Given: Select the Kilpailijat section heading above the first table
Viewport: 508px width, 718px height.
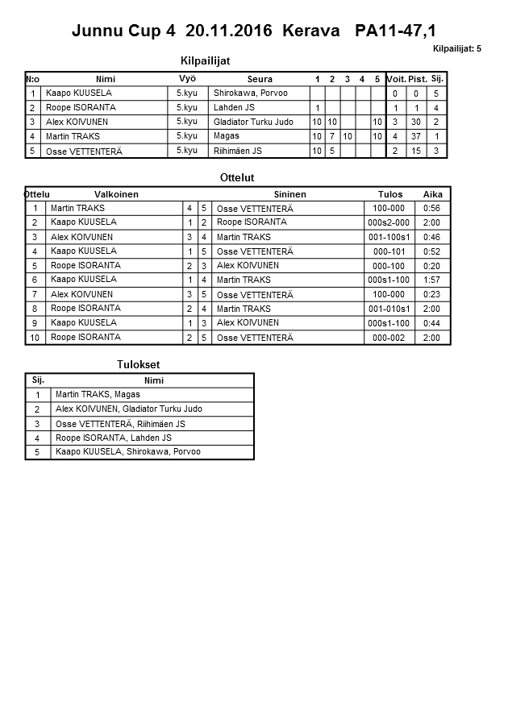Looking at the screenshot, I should [x=210, y=60].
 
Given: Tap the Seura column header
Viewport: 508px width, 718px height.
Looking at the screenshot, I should [x=260, y=79].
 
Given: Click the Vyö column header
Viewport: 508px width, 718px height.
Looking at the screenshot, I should [x=187, y=78].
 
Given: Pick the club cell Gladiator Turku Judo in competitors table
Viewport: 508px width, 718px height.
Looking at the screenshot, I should [x=253, y=122].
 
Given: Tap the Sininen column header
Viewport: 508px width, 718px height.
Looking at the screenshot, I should [x=289, y=194].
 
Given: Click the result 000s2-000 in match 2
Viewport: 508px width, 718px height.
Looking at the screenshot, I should [x=389, y=222].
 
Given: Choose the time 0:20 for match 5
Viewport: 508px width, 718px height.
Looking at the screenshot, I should [x=431, y=265].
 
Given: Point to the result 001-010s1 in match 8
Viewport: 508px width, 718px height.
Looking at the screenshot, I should [x=389, y=309].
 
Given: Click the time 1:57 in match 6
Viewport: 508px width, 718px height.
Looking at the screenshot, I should [x=431, y=280].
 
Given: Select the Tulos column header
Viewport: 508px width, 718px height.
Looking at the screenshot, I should [x=390, y=194].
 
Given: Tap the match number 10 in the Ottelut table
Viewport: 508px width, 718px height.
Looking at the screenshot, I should [x=35, y=338].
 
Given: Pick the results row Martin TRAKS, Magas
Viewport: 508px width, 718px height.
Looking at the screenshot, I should [x=98, y=395].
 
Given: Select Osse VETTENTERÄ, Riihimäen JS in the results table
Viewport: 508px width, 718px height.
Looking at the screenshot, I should [x=120, y=424].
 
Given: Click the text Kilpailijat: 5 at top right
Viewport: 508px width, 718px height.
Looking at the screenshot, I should [x=457, y=49].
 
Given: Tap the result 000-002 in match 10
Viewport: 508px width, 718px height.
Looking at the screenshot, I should [x=389, y=338].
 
